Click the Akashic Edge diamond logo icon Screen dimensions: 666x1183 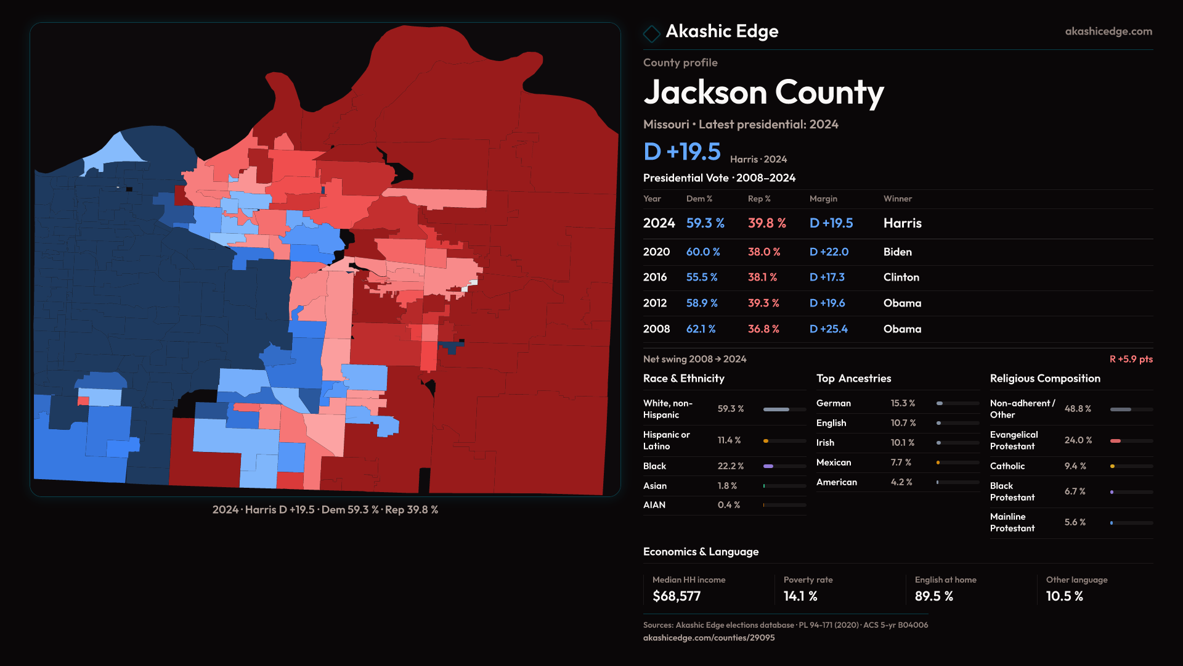click(651, 33)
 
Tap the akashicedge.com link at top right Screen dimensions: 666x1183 click(1108, 31)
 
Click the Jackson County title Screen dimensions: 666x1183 click(763, 92)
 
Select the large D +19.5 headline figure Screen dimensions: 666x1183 click(682, 152)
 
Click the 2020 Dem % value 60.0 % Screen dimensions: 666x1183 click(703, 252)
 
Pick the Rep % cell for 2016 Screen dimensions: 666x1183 click(762, 277)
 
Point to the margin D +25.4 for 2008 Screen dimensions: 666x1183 click(828, 329)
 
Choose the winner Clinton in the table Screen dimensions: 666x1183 click(901, 277)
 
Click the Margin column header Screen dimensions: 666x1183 click(823, 199)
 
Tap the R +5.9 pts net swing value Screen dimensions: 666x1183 click(1131, 359)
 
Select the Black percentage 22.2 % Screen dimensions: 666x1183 click(730, 466)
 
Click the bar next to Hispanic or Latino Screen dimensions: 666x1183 click(784, 441)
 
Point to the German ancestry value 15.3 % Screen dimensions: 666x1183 click(903, 403)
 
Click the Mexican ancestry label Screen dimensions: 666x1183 click(834, 462)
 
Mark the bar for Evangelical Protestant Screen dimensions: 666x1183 click(1131, 441)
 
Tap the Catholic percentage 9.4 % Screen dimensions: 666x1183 click(1075, 466)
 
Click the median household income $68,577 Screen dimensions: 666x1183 click(677, 596)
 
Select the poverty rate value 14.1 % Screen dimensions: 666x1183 click(800, 596)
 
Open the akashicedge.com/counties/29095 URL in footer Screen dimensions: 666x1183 click(709, 638)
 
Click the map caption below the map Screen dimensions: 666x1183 click(325, 510)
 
